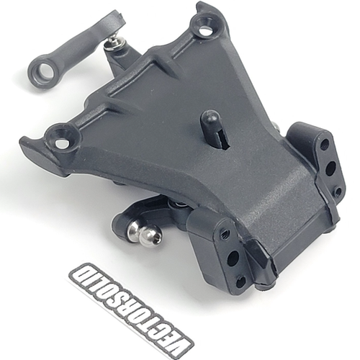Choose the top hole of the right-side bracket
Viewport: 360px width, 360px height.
[x=325, y=145]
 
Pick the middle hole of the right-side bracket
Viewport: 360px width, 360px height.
[x=330, y=169]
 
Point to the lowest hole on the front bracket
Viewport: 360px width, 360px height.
[x=240, y=281]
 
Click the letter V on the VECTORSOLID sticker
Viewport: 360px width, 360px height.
[x=177, y=336]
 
